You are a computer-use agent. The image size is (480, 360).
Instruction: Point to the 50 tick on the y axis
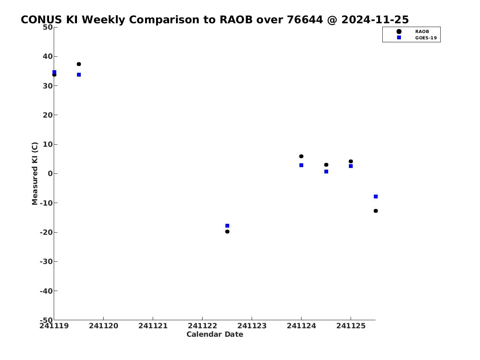(x=47, y=27)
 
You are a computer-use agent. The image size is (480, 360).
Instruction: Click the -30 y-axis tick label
(x=46, y=261)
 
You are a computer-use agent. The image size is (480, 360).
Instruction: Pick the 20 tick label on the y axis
(x=47, y=115)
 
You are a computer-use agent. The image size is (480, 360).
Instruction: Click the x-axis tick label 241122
(x=202, y=326)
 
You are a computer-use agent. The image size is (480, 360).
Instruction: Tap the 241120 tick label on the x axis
(x=104, y=326)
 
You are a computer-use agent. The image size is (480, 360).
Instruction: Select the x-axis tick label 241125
(x=351, y=326)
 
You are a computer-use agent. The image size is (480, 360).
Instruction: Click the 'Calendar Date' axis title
(x=215, y=334)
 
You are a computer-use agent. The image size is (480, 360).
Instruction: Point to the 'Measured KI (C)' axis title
(x=35, y=173)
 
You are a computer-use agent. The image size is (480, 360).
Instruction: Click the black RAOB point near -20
(x=227, y=232)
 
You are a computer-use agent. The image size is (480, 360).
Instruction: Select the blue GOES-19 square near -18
(x=227, y=226)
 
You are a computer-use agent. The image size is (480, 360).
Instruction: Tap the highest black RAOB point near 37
(x=79, y=64)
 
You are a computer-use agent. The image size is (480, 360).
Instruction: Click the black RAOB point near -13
(x=376, y=211)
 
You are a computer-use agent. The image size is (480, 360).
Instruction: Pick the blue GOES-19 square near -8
(x=376, y=197)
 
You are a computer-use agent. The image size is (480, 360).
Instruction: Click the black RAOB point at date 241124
(x=301, y=157)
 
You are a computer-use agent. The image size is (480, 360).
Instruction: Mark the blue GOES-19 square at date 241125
(x=351, y=166)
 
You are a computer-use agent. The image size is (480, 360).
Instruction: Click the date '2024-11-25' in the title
(x=375, y=20)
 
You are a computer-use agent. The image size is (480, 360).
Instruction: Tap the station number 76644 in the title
(x=304, y=20)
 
